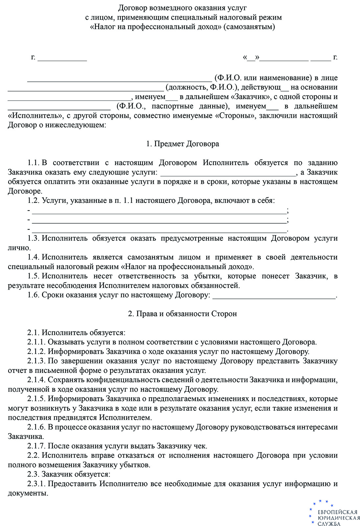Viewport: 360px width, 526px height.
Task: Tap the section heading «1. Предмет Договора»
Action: point(183,144)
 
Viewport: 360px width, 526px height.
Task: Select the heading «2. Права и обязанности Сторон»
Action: point(182,314)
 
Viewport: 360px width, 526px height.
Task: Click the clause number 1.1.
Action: point(34,163)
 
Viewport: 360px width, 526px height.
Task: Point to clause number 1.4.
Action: point(34,257)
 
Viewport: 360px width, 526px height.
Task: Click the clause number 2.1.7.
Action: point(36,446)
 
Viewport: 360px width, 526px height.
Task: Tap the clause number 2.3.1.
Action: point(36,484)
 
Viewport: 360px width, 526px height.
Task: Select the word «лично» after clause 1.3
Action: point(19,248)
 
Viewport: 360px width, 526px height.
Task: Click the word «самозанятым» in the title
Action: point(249,27)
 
